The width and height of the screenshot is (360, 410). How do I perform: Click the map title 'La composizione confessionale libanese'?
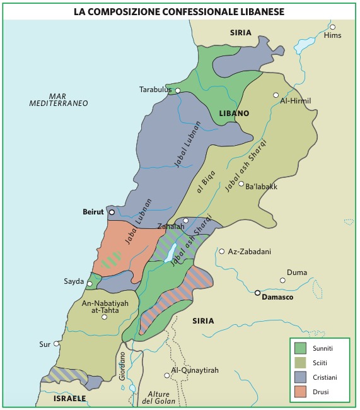point(180,11)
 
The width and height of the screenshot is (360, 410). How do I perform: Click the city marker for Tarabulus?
point(178,91)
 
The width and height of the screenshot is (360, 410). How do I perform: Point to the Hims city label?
point(332,35)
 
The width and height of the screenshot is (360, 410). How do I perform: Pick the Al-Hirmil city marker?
point(276,95)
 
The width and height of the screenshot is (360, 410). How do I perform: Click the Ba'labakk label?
point(262,187)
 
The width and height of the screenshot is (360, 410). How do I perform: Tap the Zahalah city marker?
point(186,220)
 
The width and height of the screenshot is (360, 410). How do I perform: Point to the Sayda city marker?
point(90,284)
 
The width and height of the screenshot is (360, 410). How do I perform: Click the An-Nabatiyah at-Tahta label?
point(103,307)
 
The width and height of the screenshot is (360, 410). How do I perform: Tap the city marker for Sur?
point(57,344)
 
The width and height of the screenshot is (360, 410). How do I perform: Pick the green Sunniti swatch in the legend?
point(300,348)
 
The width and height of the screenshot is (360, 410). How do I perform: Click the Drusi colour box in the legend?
point(300,391)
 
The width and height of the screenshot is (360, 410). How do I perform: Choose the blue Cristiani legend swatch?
point(300,377)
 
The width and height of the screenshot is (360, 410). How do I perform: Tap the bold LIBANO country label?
point(234,114)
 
